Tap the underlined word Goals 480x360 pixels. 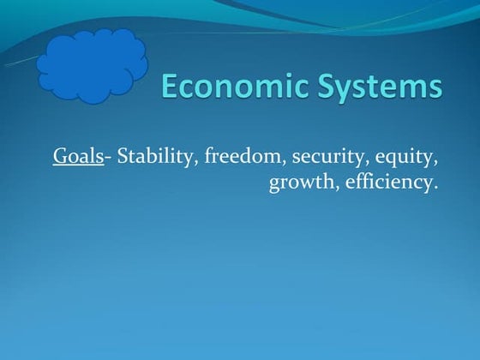[78, 156]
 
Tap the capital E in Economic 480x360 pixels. [171, 87]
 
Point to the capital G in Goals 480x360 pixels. [61, 156]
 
